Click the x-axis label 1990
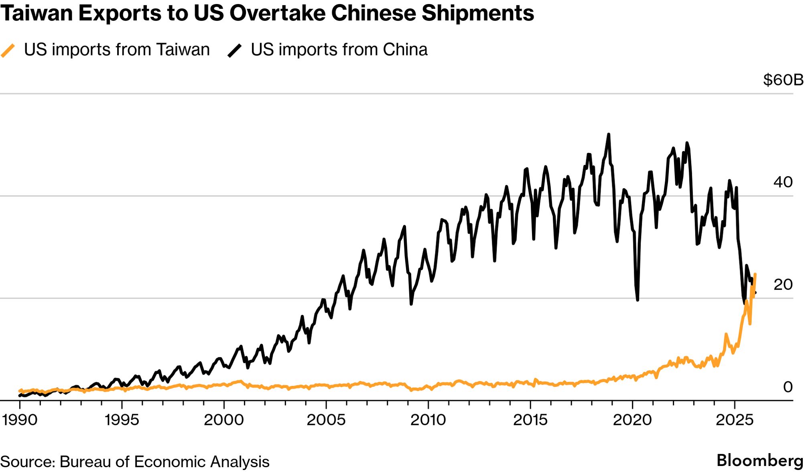(x=20, y=420)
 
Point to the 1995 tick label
(x=122, y=420)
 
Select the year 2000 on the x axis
(x=224, y=420)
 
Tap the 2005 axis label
(x=326, y=420)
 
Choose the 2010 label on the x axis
(x=428, y=420)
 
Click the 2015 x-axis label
(x=530, y=420)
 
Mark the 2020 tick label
(x=632, y=420)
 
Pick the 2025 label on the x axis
(x=735, y=420)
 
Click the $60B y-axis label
(x=783, y=80)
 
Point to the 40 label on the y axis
(x=783, y=182)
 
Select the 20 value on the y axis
(x=783, y=285)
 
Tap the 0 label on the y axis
(x=788, y=387)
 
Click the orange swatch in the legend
(x=8, y=51)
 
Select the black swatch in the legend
(x=235, y=51)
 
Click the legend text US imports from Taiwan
(x=117, y=50)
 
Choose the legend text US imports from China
(x=339, y=50)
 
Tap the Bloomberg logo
(x=760, y=460)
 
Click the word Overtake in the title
(x=276, y=13)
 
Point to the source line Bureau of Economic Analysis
(x=164, y=462)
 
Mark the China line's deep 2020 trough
(x=638, y=299)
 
